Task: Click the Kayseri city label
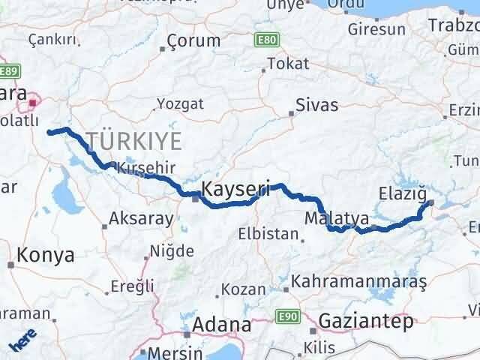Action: (x=235, y=187)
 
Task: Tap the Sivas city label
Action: (x=316, y=105)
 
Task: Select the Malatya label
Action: (x=337, y=218)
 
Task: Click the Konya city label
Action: (x=46, y=255)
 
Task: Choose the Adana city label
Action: (x=221, y=325)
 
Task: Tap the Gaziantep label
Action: (x=365, y=322)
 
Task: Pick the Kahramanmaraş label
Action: (x=359, y=281)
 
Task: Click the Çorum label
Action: (x=193, y=40)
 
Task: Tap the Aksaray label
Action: (x=141, y=219)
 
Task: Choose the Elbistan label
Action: (x=268, y=234)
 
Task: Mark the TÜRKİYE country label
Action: (x=133, y=140)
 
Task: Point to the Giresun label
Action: (x=376, y=30)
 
